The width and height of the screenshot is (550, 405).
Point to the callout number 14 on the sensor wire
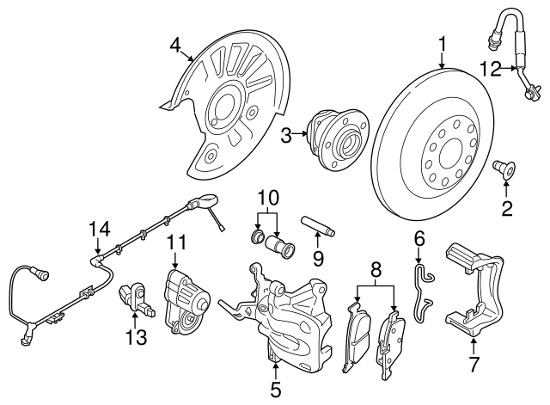[100, 228]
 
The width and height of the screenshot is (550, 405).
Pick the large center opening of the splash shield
[223, 108]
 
